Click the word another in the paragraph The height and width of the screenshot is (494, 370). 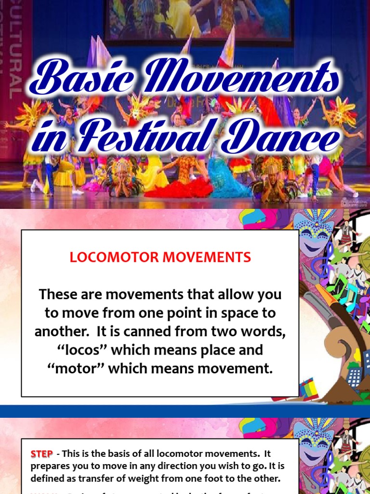[57, 331]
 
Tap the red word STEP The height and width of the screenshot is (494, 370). [41, 454]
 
